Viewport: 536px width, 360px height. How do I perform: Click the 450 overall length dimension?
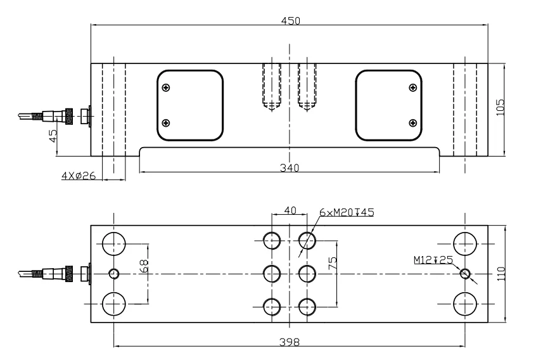pyautogui.click(x=290, y=20)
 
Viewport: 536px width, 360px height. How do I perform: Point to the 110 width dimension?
pyautogui.click(x=500, y=274)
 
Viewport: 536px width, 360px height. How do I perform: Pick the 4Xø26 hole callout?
pyautogui.click(x=79, y=176)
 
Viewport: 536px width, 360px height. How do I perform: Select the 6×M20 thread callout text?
pyautogui.click(x=346, y=212)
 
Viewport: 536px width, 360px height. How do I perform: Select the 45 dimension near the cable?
pyautogui.click(x=53, y=135)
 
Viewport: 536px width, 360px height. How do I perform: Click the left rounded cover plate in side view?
pyautogui.click(x=191, y=105)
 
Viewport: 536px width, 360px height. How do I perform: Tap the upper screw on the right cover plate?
pyautogui.click(x=413, y=87)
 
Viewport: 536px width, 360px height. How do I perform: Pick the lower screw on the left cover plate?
pyautogui.click(x=166, y=123)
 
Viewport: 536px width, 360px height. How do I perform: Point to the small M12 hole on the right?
pyautogui.click(x=466, y=274)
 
